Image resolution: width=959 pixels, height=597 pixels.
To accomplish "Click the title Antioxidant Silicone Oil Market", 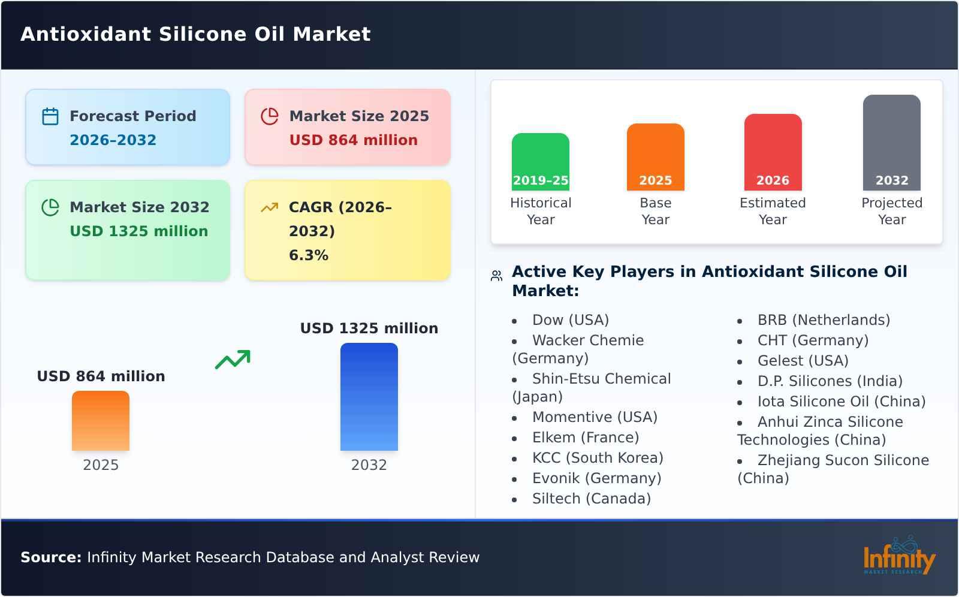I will (x=195, y=34).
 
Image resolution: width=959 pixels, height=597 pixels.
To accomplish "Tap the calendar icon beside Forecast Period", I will (x=50, y=116).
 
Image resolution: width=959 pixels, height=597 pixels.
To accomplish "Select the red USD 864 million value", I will (x=353, y=140).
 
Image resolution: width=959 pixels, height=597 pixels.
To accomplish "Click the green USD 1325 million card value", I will (x=138, y=231).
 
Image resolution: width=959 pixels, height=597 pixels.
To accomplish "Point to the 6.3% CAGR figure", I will (x=308, y=255).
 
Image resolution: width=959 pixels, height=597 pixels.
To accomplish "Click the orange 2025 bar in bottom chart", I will (x=101, y=421).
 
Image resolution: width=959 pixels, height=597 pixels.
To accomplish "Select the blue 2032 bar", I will (x=369, y=397).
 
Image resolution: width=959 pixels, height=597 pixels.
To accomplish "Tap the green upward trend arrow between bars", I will (x=233, y=360).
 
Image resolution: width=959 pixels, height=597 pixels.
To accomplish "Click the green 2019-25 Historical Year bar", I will (x=540, y=162).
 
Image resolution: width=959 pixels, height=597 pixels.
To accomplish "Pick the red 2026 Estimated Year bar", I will (x=773, y=152).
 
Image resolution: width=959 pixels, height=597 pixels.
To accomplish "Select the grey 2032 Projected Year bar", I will (x=891, y=143).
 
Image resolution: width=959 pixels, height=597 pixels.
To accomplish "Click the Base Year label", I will (x=655, y=211).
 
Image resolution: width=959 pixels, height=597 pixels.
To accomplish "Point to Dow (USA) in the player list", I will (x=570, y=320).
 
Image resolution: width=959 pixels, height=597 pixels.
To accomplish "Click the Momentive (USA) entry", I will (x=595, y=417).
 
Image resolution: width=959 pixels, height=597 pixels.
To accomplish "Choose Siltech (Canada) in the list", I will (x=591, y=499).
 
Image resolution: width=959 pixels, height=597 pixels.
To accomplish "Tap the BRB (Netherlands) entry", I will (x=824, y=320).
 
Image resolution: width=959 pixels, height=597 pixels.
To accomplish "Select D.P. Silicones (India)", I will (x=830, y=381).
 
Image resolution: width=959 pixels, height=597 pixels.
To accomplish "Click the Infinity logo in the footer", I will (x=898, y=556).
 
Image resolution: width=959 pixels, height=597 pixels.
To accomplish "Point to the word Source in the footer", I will (x=50, y=557).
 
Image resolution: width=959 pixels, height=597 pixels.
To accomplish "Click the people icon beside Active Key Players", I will (x=496, y=276).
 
